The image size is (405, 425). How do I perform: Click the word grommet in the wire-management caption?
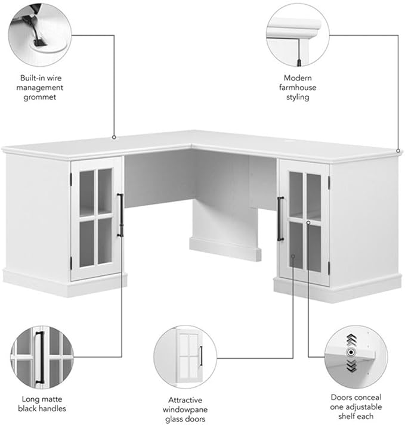click(39, 97)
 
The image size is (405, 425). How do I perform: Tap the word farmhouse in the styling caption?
click(298, 87)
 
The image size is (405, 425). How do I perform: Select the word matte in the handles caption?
click(51, 399)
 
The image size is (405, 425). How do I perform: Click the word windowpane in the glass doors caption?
click(185, 410)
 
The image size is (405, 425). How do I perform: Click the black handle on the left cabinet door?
click(120, 215)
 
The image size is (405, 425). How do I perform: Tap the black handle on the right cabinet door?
click(280, 219)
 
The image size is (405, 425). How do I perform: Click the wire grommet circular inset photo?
click(40, 35)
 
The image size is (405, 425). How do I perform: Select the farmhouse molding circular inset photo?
click(298, 35)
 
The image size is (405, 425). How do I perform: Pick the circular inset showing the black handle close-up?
click(42, 358)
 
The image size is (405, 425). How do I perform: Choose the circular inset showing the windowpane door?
click(185, 357)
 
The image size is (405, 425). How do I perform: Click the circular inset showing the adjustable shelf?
click(356, 357)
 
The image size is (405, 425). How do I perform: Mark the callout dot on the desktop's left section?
click(114, 138)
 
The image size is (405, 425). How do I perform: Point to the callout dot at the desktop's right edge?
click(398, 151)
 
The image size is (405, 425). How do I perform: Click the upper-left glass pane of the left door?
click(87, 193)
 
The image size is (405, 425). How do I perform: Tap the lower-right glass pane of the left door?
click(105, 240)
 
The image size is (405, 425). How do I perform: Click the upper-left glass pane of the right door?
click(296, 194)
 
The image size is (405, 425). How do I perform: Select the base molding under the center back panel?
click(225, 249)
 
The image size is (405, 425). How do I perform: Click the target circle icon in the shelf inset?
click(351, 352)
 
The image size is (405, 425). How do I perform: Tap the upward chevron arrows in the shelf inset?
click(351, 340)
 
